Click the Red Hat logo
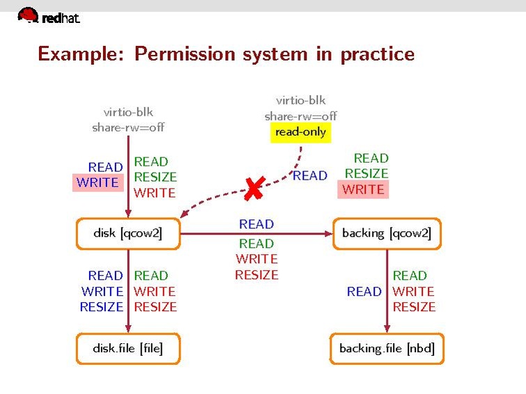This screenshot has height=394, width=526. click(49, 16)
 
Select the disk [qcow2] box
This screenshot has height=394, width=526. click(127, 233)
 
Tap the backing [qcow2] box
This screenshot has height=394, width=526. click(387, 233)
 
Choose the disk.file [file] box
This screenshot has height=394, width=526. click(127, 348)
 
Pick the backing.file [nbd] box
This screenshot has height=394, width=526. click(387, 348)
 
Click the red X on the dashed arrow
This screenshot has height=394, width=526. click(254, 188)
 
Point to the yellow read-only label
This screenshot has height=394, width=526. click(300, 132)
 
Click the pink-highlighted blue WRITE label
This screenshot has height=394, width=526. click(98, 182)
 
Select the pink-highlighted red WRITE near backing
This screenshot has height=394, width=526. click(363, 189)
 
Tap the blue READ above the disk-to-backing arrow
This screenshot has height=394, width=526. click(256, 224)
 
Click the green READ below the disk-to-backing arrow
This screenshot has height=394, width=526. click(256, 244)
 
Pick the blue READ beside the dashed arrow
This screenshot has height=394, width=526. click(310, 176)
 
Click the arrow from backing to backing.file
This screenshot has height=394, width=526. click(387, 292)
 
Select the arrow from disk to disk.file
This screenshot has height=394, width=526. click(128, 292)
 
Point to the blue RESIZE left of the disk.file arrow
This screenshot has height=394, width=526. click(102, 307)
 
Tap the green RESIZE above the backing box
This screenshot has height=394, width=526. click(366, 174)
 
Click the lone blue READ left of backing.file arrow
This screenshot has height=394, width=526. click(364, 292)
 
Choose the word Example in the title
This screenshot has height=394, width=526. click(80, 54)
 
